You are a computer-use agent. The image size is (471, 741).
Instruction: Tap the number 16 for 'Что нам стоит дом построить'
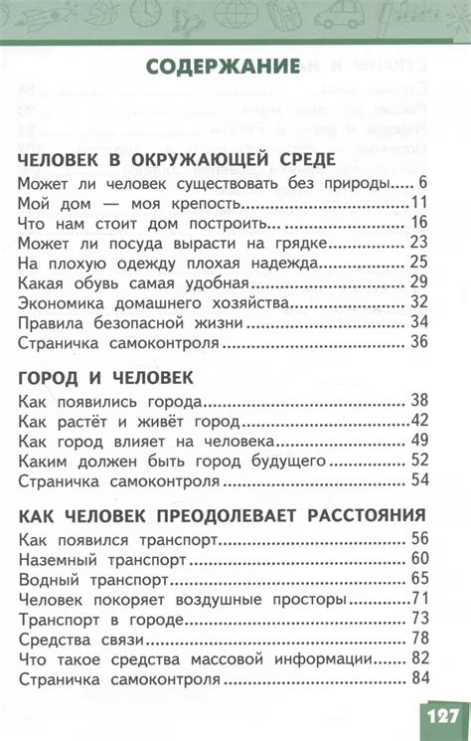pyautogui.click(x=417, y=222)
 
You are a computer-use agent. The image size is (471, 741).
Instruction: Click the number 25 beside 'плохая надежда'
pyautogui.click(x=417, y=263)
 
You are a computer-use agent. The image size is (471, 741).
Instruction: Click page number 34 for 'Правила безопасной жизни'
pyautogui.click(x=417, y=322)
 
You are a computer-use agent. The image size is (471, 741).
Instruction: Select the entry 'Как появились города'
pyautogui.click(x=110, y=401)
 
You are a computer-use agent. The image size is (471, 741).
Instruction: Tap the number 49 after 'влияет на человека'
pyautogui.click(x=417, y=441)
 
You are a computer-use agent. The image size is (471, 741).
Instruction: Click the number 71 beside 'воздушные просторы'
pyautogui.click(x=417, y=599)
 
